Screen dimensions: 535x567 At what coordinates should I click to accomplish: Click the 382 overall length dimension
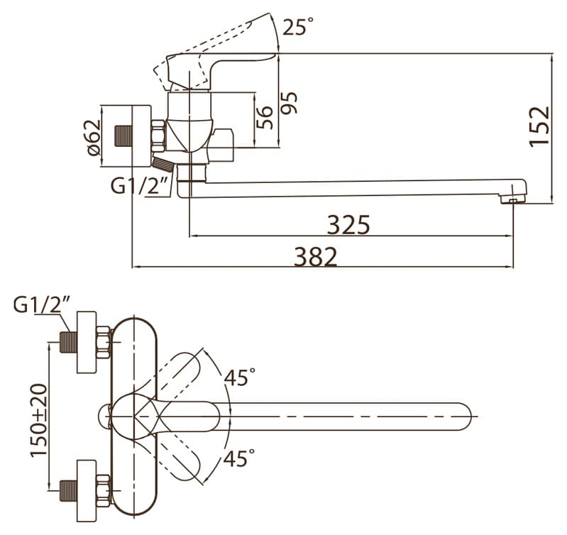[x=316, y=256]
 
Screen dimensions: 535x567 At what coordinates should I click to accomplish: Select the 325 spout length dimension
[x=348, y=224]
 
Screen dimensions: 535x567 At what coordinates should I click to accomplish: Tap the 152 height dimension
[x=540, y=126]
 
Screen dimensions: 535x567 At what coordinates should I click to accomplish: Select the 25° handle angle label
[x=297, y=27]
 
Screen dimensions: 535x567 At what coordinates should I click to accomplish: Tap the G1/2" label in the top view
[x=42, y=304]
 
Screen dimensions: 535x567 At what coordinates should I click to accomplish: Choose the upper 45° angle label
[x=239, y=377]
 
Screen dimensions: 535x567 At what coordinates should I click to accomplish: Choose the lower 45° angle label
[x=239, y=458]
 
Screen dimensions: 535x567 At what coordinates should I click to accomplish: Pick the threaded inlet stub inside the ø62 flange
[x=124, y=135]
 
